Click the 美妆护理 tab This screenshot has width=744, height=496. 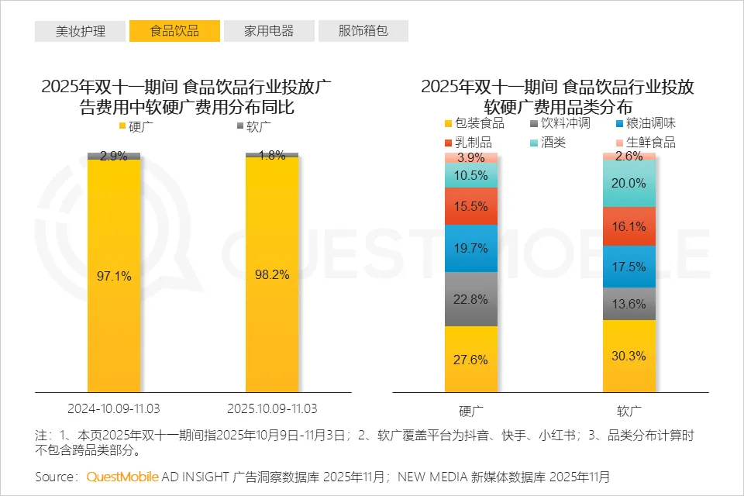80,31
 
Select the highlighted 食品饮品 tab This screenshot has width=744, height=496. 174,31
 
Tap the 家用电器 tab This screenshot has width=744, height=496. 269,31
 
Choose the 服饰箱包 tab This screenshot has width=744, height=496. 363,31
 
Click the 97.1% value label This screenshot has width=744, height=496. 114,275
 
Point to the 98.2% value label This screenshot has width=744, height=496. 272,275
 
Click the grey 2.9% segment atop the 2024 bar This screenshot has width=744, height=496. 114,156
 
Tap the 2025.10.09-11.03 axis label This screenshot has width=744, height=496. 272,408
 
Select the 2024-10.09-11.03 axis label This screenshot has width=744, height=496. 114,408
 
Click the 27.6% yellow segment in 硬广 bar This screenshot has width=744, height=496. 471,360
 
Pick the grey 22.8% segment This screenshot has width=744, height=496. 471,299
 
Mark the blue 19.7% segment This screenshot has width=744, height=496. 471,249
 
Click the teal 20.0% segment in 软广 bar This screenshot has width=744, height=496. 629,184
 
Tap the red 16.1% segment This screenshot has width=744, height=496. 629,227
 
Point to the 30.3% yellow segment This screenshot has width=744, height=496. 629,356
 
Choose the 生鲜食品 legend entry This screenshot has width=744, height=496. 645,143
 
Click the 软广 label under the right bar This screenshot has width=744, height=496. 629,409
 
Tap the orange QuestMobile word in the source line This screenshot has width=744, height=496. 122,476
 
